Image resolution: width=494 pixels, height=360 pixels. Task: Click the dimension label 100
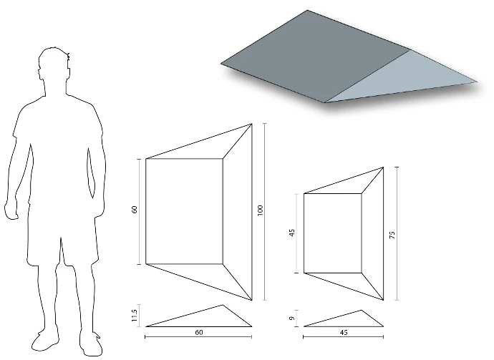tap(260, 210)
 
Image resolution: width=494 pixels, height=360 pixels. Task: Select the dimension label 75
tap(392, 235)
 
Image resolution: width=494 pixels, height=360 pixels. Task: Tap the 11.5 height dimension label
tap(134, 316)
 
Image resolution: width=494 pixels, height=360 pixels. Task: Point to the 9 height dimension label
tap(292, 318)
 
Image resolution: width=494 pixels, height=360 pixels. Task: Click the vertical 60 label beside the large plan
tap(135, 210)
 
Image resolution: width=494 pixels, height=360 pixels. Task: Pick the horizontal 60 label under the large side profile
tap(199, 332)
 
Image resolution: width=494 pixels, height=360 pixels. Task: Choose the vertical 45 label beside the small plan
tap(292, 233)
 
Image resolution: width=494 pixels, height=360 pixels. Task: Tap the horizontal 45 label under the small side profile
tap(344, 333)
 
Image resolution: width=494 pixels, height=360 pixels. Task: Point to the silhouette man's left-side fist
tap(11, 210)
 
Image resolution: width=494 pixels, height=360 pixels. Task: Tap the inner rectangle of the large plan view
tap(184, 211)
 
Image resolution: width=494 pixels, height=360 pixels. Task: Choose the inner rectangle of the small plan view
tap(333, 233)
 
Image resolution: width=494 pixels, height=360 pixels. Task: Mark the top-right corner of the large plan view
tap(252, 124)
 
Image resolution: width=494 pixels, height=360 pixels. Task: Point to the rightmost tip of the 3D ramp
tap(478, 82)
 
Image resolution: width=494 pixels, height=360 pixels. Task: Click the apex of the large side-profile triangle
tap(223, 305)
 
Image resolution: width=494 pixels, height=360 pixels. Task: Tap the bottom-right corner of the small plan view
tap(384, 300)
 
